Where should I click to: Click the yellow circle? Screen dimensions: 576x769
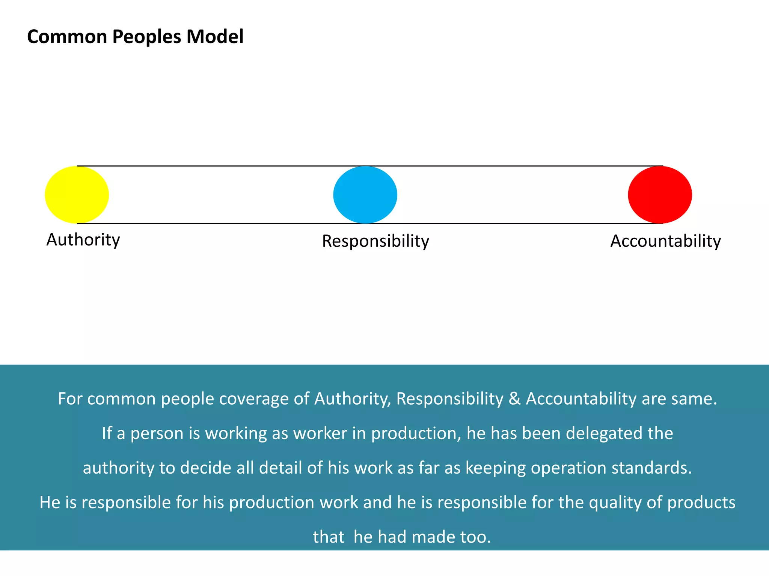[x=77, y=195]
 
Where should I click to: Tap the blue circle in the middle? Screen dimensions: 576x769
[x=365, y=195]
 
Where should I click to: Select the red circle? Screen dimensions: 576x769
[x=660, y=195]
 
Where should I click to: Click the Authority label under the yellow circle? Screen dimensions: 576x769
[x=83, y=240]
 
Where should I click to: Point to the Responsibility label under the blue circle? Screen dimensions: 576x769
[x=375, y=241]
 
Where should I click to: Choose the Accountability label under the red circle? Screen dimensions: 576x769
[x=665, y=241]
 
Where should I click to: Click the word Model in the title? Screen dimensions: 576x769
[x=215, y=37]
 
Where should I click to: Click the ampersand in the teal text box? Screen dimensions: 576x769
[x=514, y=399]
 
